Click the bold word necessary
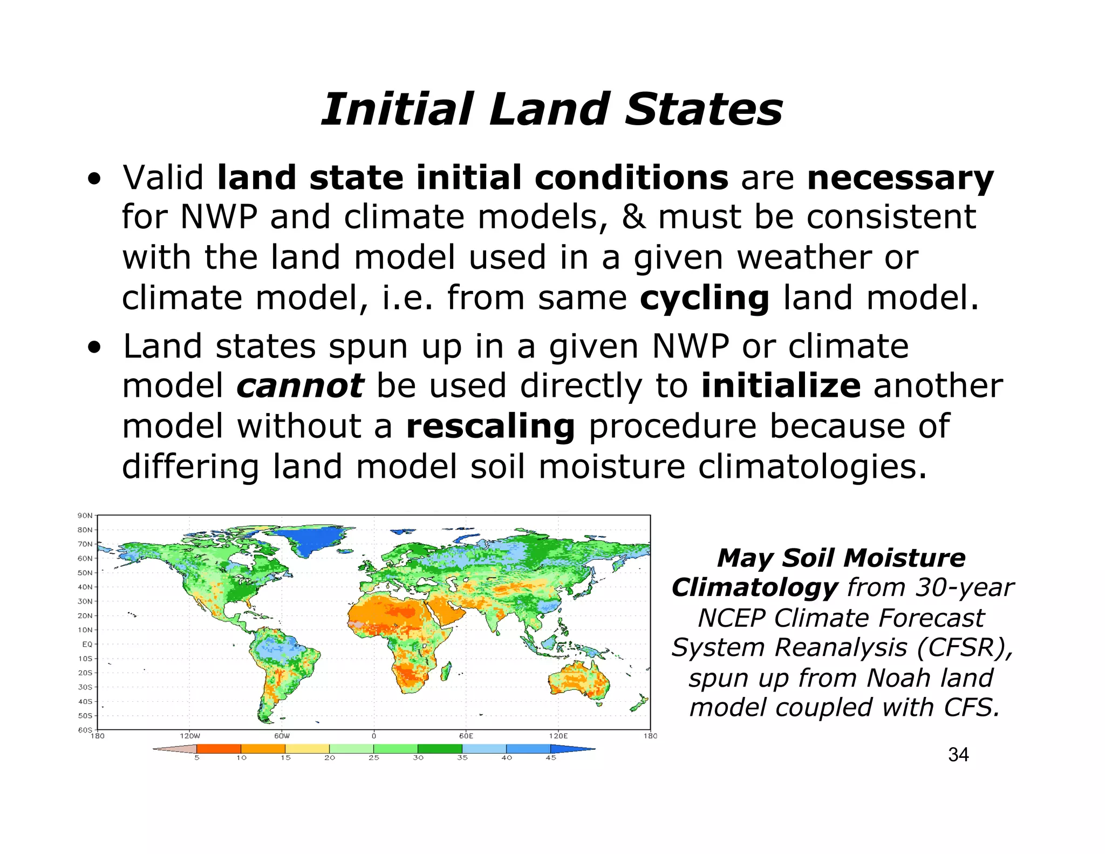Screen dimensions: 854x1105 click(900, 179)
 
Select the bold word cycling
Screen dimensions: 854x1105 click(704, 299)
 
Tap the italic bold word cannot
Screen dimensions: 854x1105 click(299, 386)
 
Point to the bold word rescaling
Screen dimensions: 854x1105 click(490, 426)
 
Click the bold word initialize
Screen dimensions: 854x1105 click(781, 386)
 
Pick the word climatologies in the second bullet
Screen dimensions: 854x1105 click(812, 467)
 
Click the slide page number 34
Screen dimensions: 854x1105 click(958, 755)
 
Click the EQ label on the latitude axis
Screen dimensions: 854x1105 click(87, 644)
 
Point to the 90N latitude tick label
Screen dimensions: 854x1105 click(85, 516)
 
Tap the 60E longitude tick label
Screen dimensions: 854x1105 click(466, 736)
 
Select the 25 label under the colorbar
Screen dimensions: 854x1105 click(373, 758)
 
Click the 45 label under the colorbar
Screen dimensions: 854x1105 click(550, 758)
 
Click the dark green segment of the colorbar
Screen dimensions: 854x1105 click(440, 749)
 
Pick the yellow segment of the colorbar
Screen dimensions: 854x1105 click(307, 749)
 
